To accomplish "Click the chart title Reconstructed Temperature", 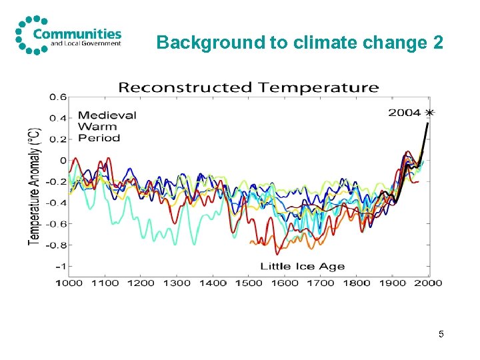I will [248, 87].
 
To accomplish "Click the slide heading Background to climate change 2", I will [299, 43].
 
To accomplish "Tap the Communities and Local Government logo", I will [69, 34].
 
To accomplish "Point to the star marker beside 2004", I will [429, 113].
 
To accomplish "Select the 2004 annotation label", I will [405, 113].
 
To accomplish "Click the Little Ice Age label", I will [302, 267].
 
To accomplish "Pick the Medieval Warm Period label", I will [107, 127].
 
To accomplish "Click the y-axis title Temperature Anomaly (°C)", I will [33, 185].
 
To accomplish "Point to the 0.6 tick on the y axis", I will [57, 97].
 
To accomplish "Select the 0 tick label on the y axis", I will [63, 161].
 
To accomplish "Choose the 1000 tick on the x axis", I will [69, 283].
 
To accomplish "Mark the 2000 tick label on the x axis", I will [427, 283].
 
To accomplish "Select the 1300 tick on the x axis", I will [176, 283].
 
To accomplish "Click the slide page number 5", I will [441, 333].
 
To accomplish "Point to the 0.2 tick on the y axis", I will [57, 139].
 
